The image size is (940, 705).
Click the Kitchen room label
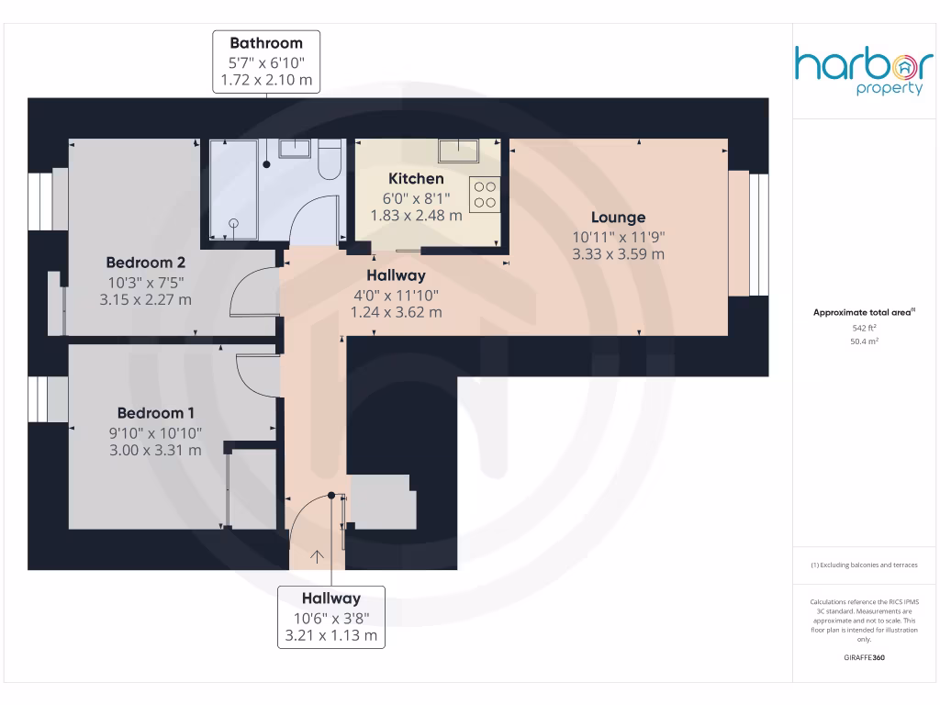[416, 178]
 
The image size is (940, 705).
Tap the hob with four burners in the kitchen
[485, 194]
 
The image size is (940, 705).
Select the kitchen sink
[458, 150]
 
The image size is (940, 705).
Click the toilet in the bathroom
[330, 160]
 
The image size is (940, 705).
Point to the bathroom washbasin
[296, 149]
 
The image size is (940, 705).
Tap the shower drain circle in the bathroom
[233, 223]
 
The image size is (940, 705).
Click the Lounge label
[618, 218]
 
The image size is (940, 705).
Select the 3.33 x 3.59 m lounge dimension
[618, 254]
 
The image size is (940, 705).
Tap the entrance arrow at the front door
[318, 555]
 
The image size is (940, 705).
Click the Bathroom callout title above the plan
[266, 42]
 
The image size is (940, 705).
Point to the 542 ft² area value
[864, 327]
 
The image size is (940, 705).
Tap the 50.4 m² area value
[864, 341]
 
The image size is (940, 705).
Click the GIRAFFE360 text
[863, 658]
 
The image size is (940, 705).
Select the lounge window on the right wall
[758, 234]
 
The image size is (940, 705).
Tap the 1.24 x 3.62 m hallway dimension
[396, 312]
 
